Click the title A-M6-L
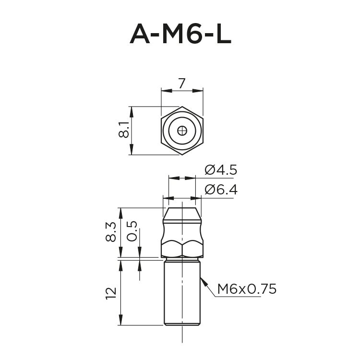coord(180,34)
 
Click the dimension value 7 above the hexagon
coord(181,84)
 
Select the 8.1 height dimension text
coord(123,130)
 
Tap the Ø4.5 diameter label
coord(221,169)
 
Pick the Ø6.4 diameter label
coord(221,190)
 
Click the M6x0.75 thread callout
coord(247,289)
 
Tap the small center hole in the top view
coord(182,130)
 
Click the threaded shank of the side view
coord(182,293)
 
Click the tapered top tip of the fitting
coord(182,214)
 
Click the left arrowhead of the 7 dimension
coord(164,90)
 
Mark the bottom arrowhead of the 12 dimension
coord(120,323)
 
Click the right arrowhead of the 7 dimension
coord(200,90)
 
